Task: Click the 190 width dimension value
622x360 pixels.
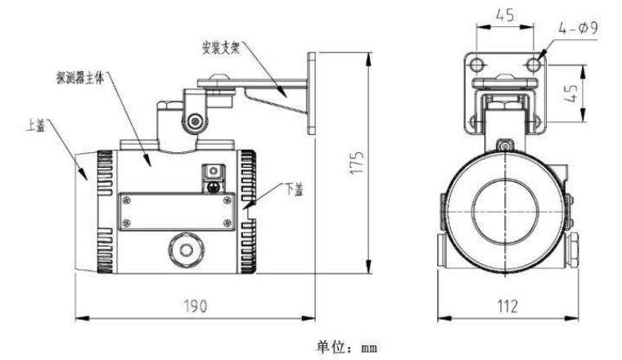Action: (x=195, y=306)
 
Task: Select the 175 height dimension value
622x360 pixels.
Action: (x=357, y=162)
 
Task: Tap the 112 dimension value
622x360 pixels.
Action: (x=507, y=306)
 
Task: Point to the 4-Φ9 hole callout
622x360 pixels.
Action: (x=578, y=28)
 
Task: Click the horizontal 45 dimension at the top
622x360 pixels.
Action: (x=505, y=15)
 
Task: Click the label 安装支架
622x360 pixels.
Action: (x=220, y=48)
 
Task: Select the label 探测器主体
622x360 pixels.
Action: (x=80, y=78)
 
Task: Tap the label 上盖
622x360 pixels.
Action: (x=36, y=126)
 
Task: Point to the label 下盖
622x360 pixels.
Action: (x=295, y=189)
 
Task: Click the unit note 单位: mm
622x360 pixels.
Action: (x=347, y=347)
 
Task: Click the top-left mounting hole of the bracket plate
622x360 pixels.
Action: (x=477, y=65)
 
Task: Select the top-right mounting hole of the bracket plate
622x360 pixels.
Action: (x=534, y=65)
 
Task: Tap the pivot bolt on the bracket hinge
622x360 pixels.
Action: (x=195, y=121)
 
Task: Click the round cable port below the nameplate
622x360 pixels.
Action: (x=186, y=250)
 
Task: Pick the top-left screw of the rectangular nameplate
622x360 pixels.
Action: (x=127, y=200)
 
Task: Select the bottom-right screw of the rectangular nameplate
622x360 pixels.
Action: (x=228, y=223)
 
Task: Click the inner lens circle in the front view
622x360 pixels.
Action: (x=505, y=211)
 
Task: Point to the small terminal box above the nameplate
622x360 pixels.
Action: (x=214, y=178)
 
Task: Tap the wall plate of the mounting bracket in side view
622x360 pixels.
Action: (x=311, y=92)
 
